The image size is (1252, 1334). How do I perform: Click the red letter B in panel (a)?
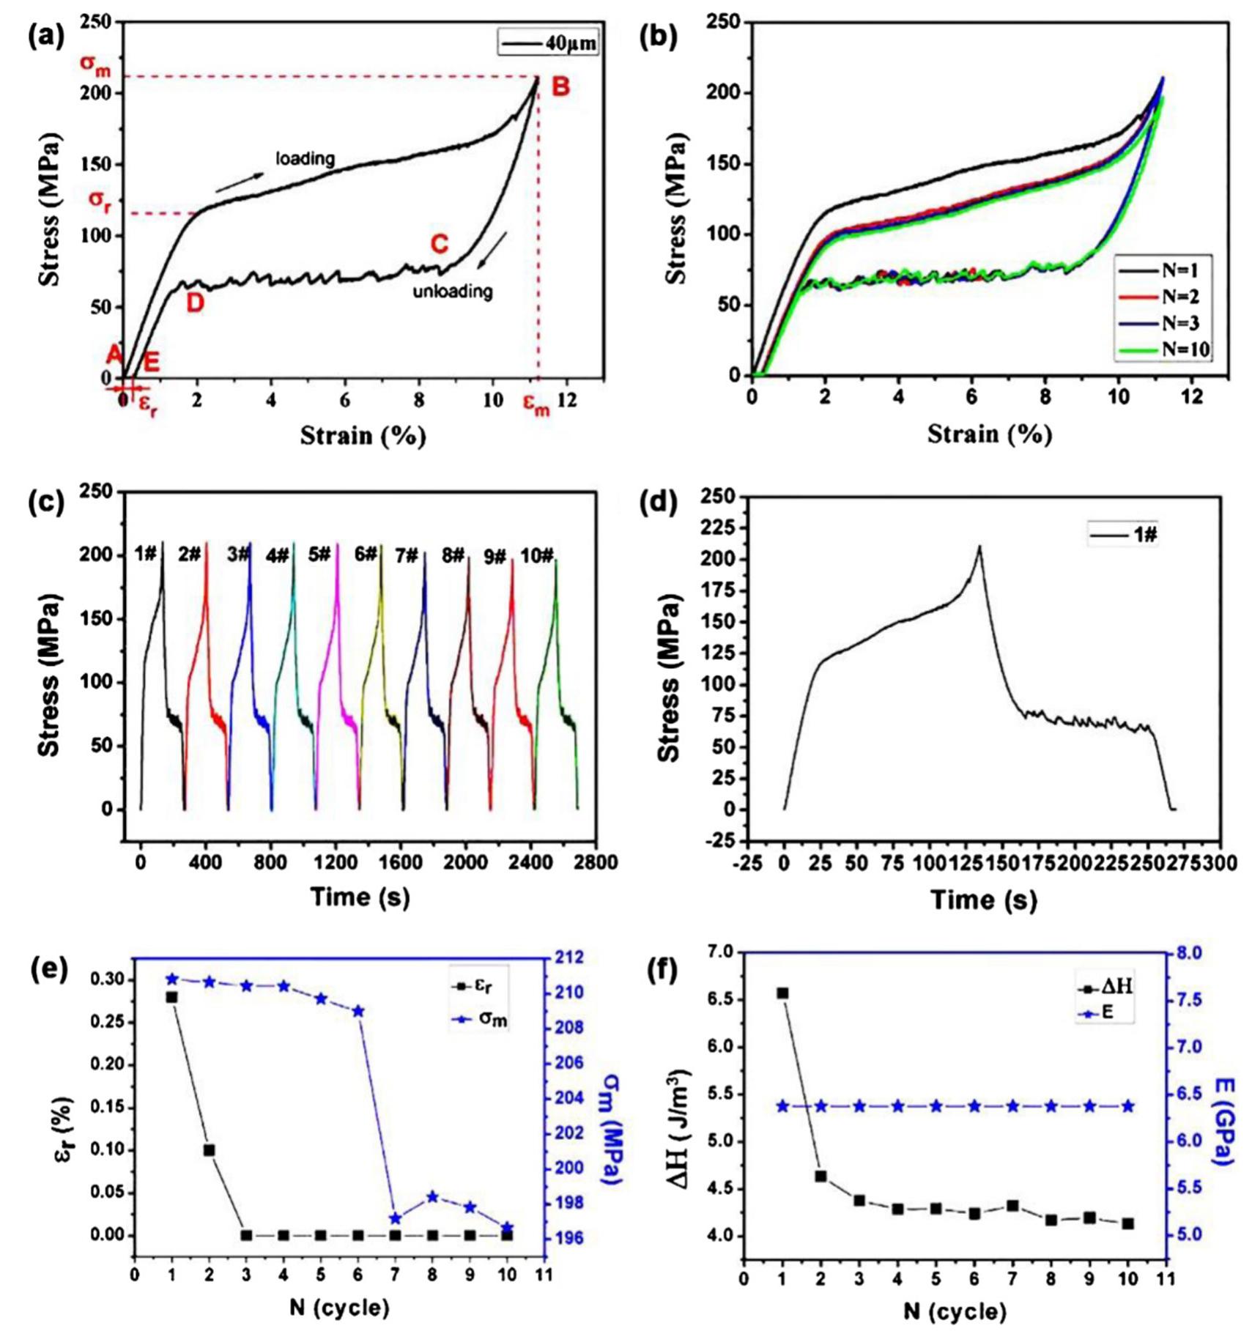[x=560, y=87]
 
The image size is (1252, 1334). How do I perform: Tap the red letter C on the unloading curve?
[x=440, y=244]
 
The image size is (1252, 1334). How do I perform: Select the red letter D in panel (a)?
[x=195, y=303]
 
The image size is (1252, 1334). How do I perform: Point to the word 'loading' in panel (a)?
[x=305, y=158]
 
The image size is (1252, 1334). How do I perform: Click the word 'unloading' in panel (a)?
[x=452, y=292]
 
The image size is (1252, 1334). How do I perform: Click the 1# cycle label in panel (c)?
[x=146, y=554]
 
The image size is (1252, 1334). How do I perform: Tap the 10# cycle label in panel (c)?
[x=537, y=556]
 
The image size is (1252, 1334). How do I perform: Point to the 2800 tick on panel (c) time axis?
[x=596, y=864]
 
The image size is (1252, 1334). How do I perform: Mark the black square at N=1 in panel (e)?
[x=172, y=996]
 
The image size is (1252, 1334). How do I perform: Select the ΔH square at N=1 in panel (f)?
[x=782, y=993]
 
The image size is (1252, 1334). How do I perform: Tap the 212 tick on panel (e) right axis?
[x=568, y=957]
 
